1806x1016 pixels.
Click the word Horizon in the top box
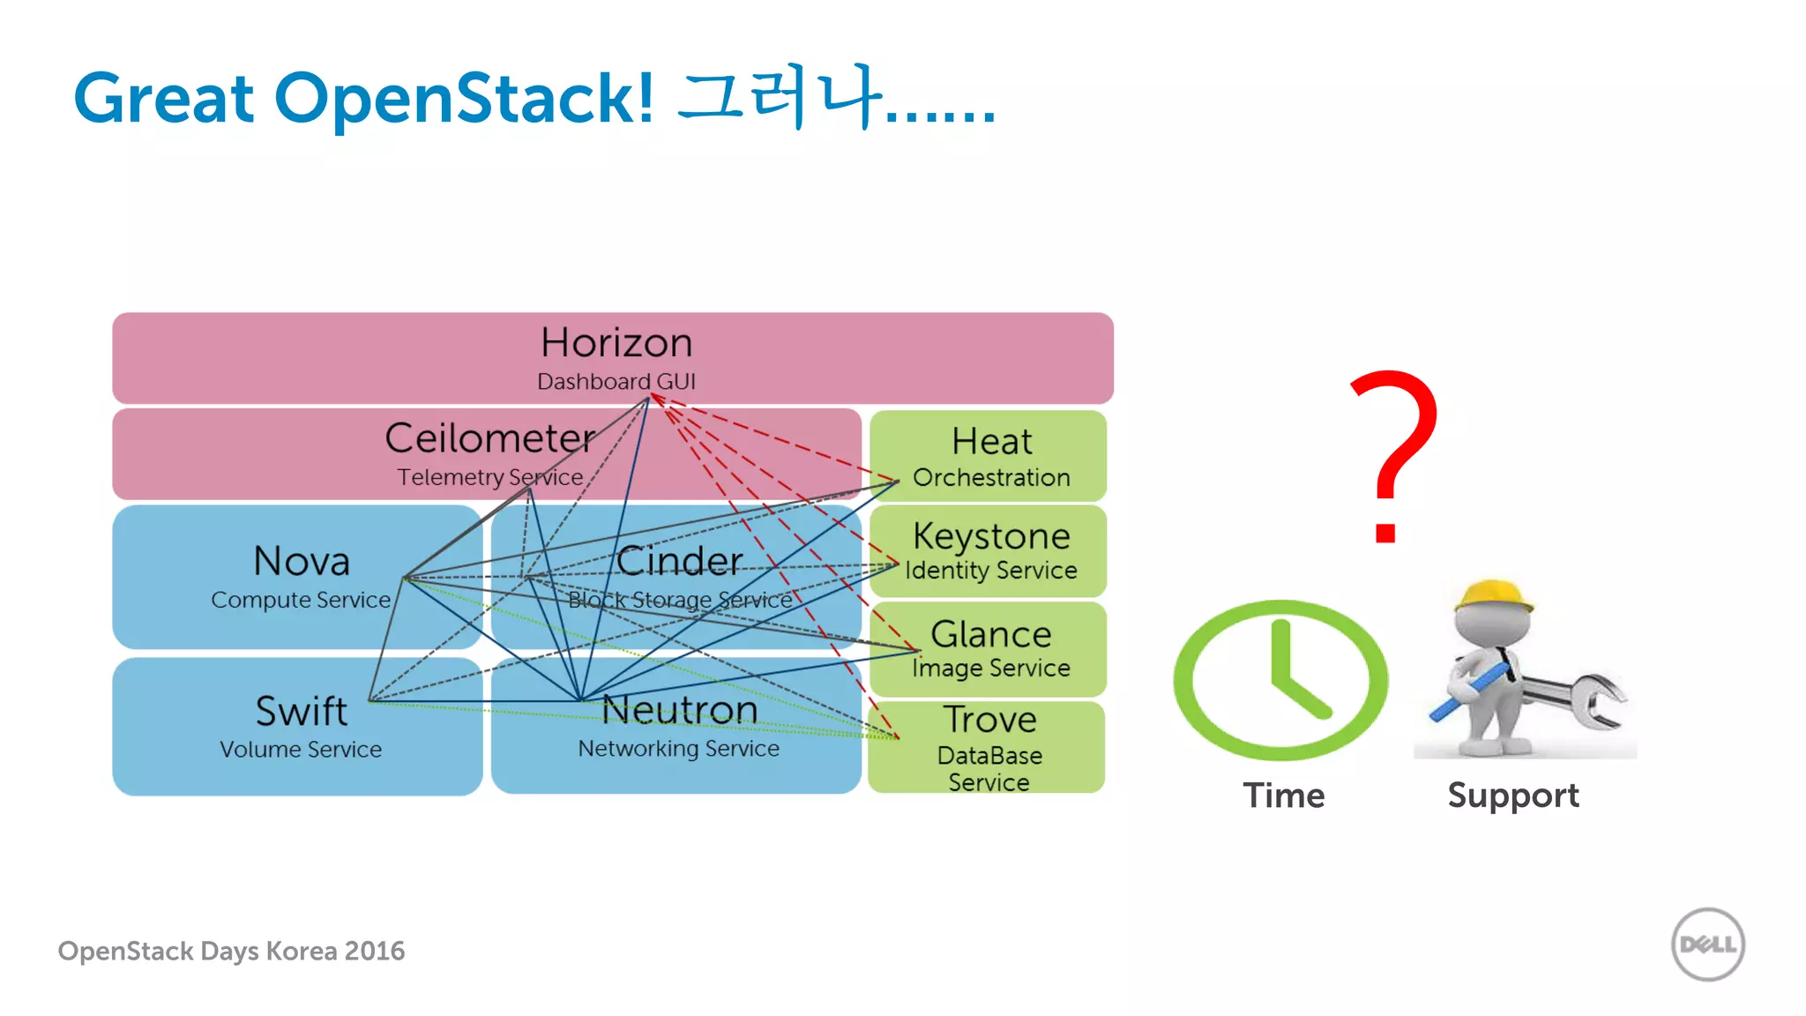point(616,342)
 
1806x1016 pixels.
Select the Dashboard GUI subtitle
point(616,382)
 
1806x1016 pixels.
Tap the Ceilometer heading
point(490,438)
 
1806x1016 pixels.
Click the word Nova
point(302,561)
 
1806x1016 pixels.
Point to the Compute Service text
point(301,600)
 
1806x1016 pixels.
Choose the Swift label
point(302,711)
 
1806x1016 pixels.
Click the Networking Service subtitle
point(678,749)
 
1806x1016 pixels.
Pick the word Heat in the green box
point(991,441)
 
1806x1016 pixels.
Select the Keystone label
point(991,536)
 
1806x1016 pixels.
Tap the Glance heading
point(991,634)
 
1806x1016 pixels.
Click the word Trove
point(990,720)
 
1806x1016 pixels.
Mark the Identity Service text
point(991,571)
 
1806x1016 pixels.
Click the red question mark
point(1393,454)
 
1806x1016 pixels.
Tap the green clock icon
point(1280,680)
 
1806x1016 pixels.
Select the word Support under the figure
point(1513,796)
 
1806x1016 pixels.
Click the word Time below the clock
point(1284,796)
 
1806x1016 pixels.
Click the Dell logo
point(1708,945)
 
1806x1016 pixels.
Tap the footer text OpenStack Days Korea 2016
point(231,951)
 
